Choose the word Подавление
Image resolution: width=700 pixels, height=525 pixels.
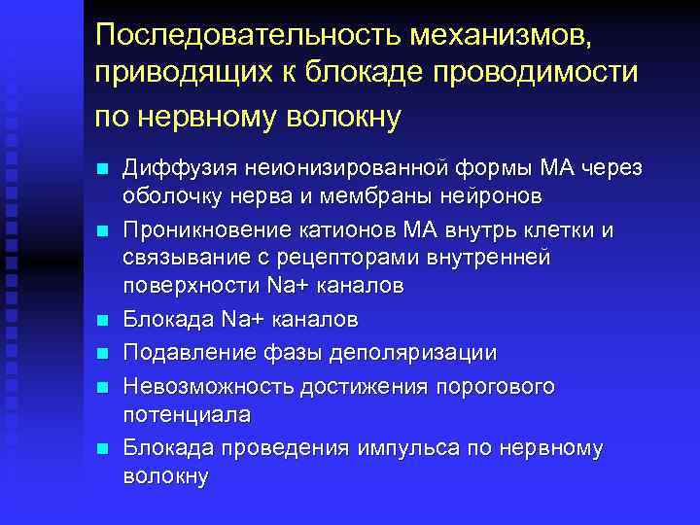pos(183,351)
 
